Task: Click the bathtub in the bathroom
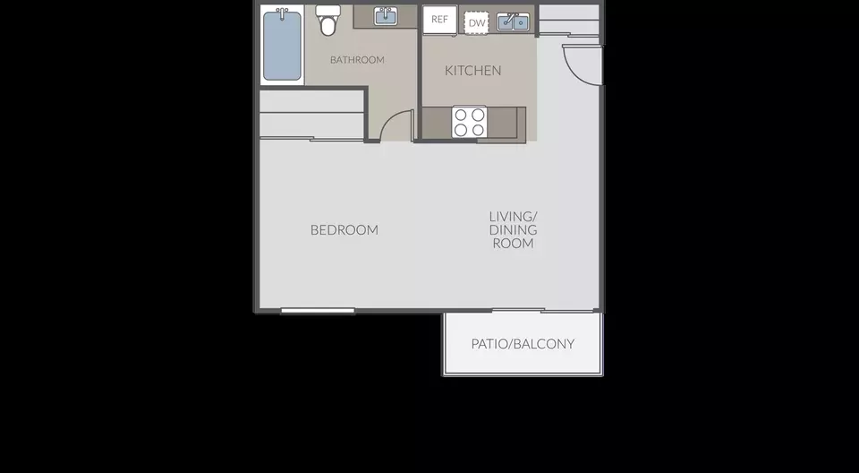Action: [282, 46]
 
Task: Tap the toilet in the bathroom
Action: [328, 21]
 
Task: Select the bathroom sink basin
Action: [386, 16]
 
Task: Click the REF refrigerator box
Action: [439, 19]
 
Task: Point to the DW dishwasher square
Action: [477, 23]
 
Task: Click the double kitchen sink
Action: [514, 22]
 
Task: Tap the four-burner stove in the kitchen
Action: [469, 122]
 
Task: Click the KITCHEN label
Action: [472, 70]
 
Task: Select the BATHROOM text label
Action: [357, 60]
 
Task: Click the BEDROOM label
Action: [344, 230]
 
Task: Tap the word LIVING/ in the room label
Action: [513, 216]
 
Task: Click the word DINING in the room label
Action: [513, 230]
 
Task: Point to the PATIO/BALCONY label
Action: [523, 344]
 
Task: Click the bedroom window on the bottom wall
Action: [318, 311]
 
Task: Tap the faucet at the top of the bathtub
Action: [282, 12]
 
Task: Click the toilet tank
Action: [328, 11]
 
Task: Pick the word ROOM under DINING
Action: [513, 244]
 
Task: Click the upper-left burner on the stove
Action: [461, 115]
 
